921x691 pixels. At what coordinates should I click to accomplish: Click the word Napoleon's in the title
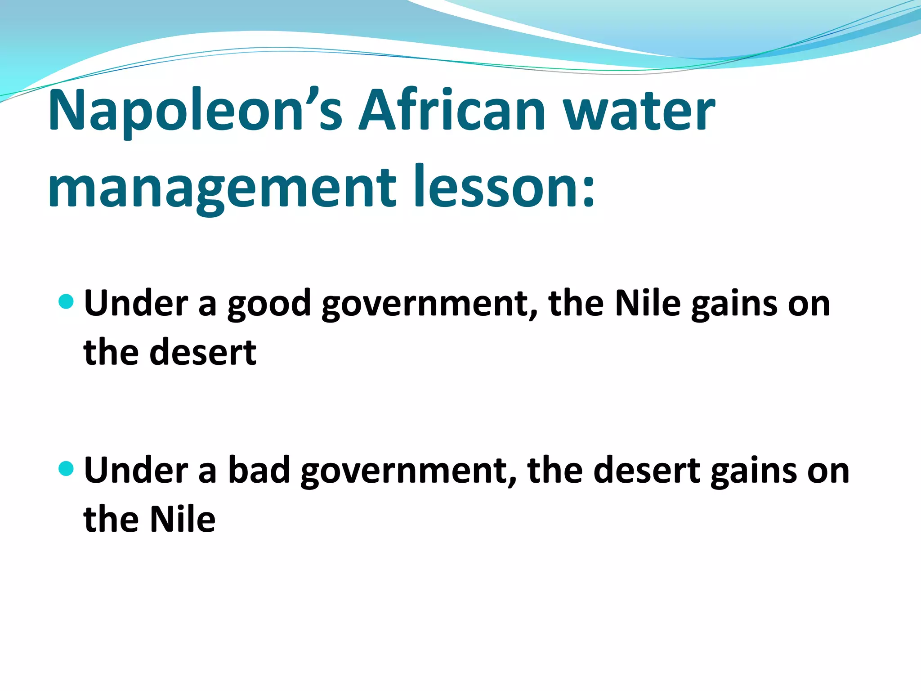pyautogui.click(x=195, y=111)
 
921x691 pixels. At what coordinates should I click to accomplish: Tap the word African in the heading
pyautogui.click(x=452, y=111)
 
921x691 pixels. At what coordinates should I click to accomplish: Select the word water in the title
pyautogui.click(x=639, y=112)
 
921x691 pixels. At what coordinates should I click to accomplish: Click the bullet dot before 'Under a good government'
pyautogui.click(x=66, y=301)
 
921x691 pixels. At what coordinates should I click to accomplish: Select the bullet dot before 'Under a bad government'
pyautogui.click(x=66, y=469)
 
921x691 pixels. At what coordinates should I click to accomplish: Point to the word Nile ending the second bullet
pyautogui.click(x=182, y=519)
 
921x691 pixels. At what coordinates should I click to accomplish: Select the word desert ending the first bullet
pyautogui.click(x=203, y=353)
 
